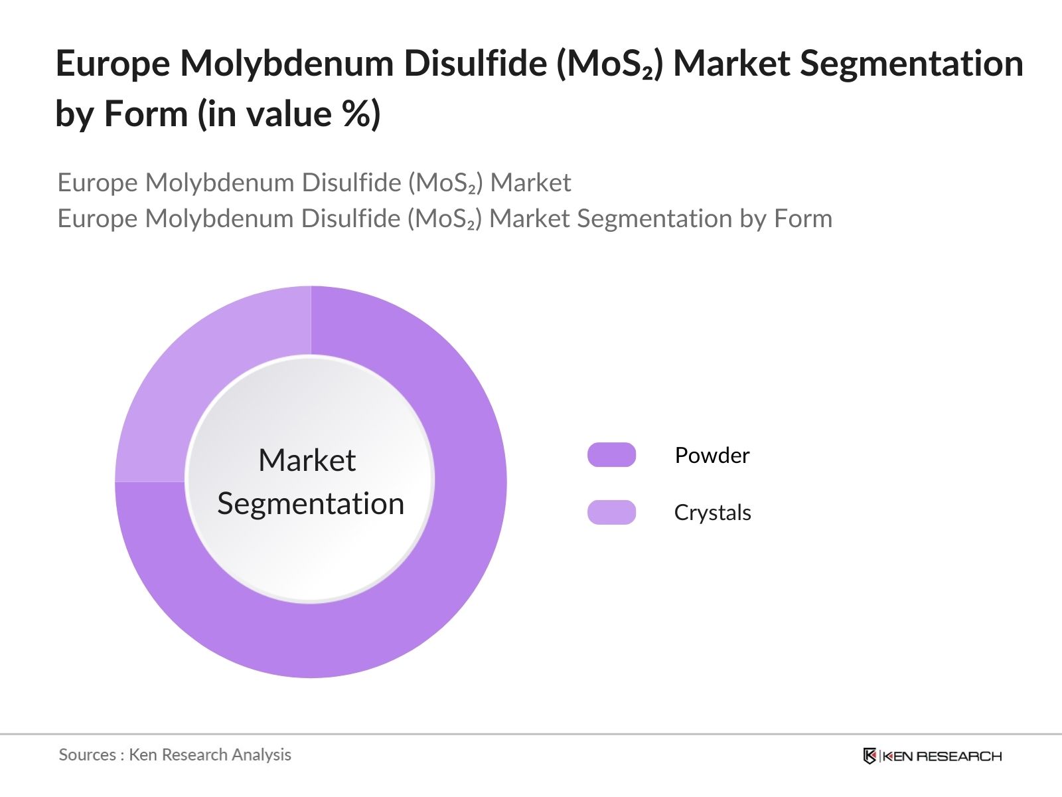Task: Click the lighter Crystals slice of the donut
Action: coord(199,372)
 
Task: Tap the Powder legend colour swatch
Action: coord(611,455)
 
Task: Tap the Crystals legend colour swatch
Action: coord(611,512)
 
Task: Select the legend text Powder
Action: coord(712,455)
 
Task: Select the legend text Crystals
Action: coord(712,512)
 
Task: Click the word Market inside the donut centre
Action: coord(307,460)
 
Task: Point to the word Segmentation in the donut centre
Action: coord(311,503)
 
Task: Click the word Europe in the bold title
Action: coord(112,64)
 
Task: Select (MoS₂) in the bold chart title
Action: coord(609,64)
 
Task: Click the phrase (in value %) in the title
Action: coord(289,114)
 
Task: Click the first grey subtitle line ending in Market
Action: coord(314,183)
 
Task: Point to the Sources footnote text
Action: coord(175,754)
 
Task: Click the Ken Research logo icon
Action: coord(870,756)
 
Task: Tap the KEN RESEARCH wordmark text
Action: coord(942,756)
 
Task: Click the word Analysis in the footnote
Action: coord(262,754)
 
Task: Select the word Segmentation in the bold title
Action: coord(911,64)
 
